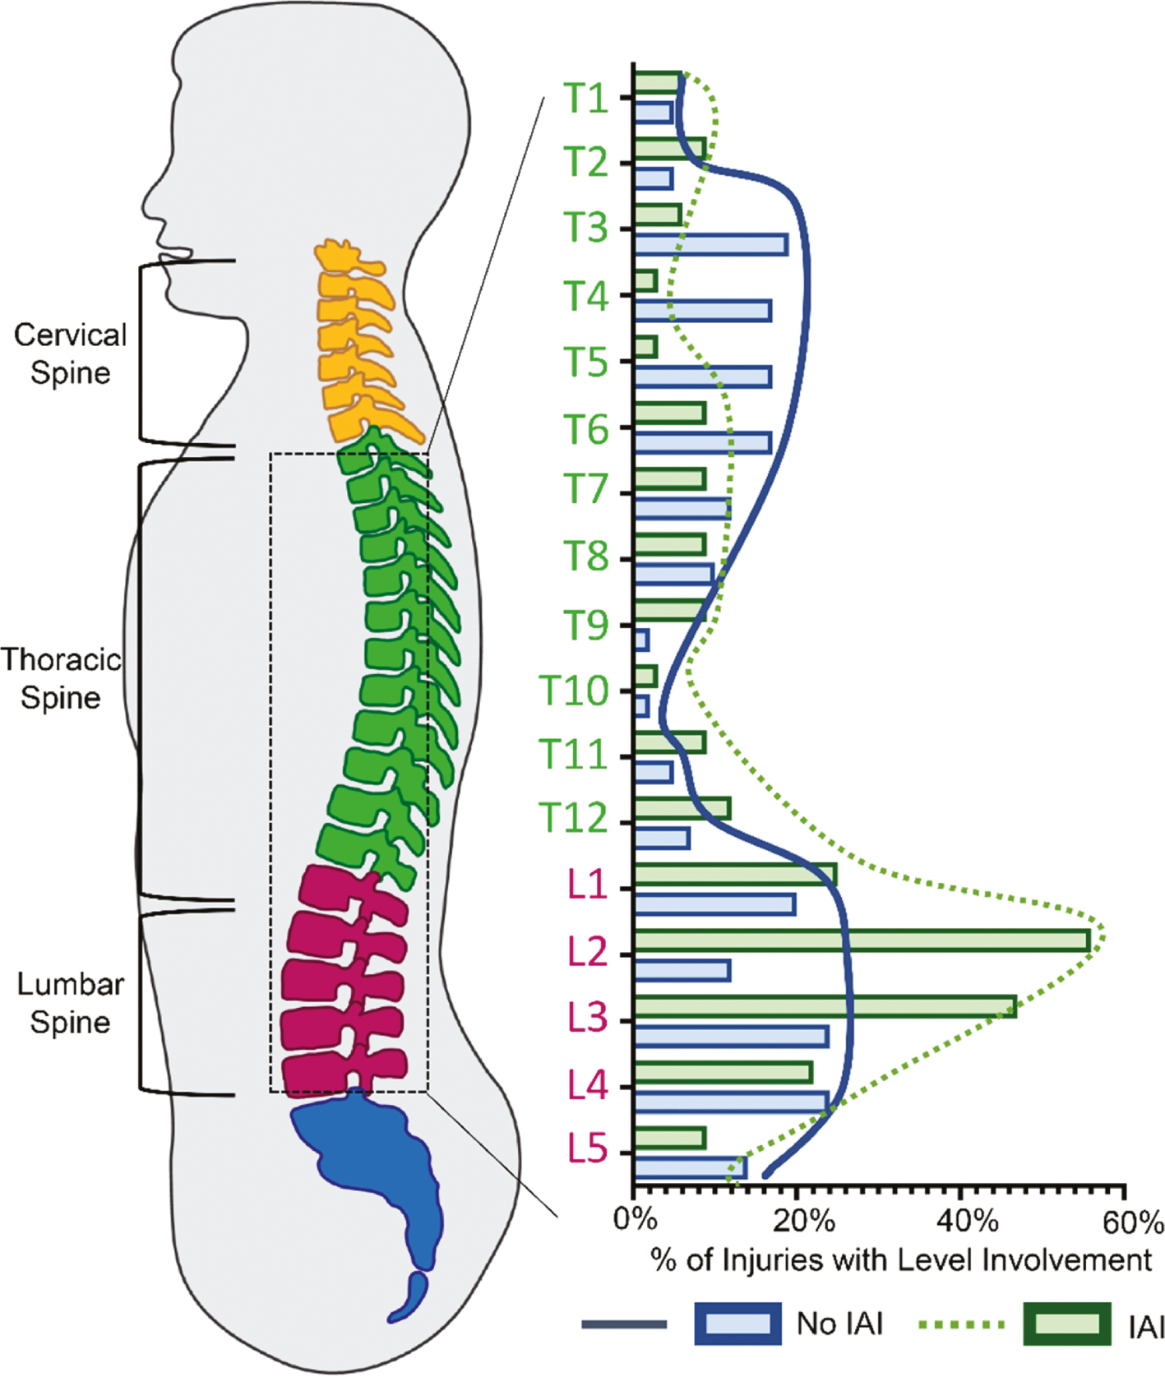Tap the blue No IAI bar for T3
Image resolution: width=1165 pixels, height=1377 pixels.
pyautogui.click(x=711, y=244)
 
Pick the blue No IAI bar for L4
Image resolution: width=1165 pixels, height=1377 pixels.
pyautogui.click(x=731, y=1102)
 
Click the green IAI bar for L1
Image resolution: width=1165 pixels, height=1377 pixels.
pyautogui.click(x=735, y=874)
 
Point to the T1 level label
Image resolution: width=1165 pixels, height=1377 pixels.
pyautogui.click(x=585, y=99)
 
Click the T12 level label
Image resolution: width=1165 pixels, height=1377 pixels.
pyautogui.click(x=573, y=818)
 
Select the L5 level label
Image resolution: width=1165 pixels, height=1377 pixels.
pyautogui.click(x=587, y=1149)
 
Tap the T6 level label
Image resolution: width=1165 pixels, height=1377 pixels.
pyautogui.click(x=585, y=430)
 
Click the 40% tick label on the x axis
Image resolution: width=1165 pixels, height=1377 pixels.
pyautogui.click(x=967, y=1221)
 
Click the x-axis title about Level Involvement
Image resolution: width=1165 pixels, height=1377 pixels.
pyautogui.click(x=901, y=1259)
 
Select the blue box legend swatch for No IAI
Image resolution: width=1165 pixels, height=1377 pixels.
pyautogui.click(x=737, y=1324)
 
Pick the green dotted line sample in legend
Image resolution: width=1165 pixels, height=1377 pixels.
pyautogui.click(x=961, y=1324)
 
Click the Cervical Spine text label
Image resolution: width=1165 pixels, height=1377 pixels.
pyautogui.click(x=71, y=353)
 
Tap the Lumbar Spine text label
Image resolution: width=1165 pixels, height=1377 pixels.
pyautogui.click(x=71, y=1003)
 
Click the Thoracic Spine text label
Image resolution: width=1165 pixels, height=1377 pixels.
pyautogui.click(x=61, y=678)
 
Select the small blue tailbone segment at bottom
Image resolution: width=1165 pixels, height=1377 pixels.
pyautogui.click(x=411, y=1297)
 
